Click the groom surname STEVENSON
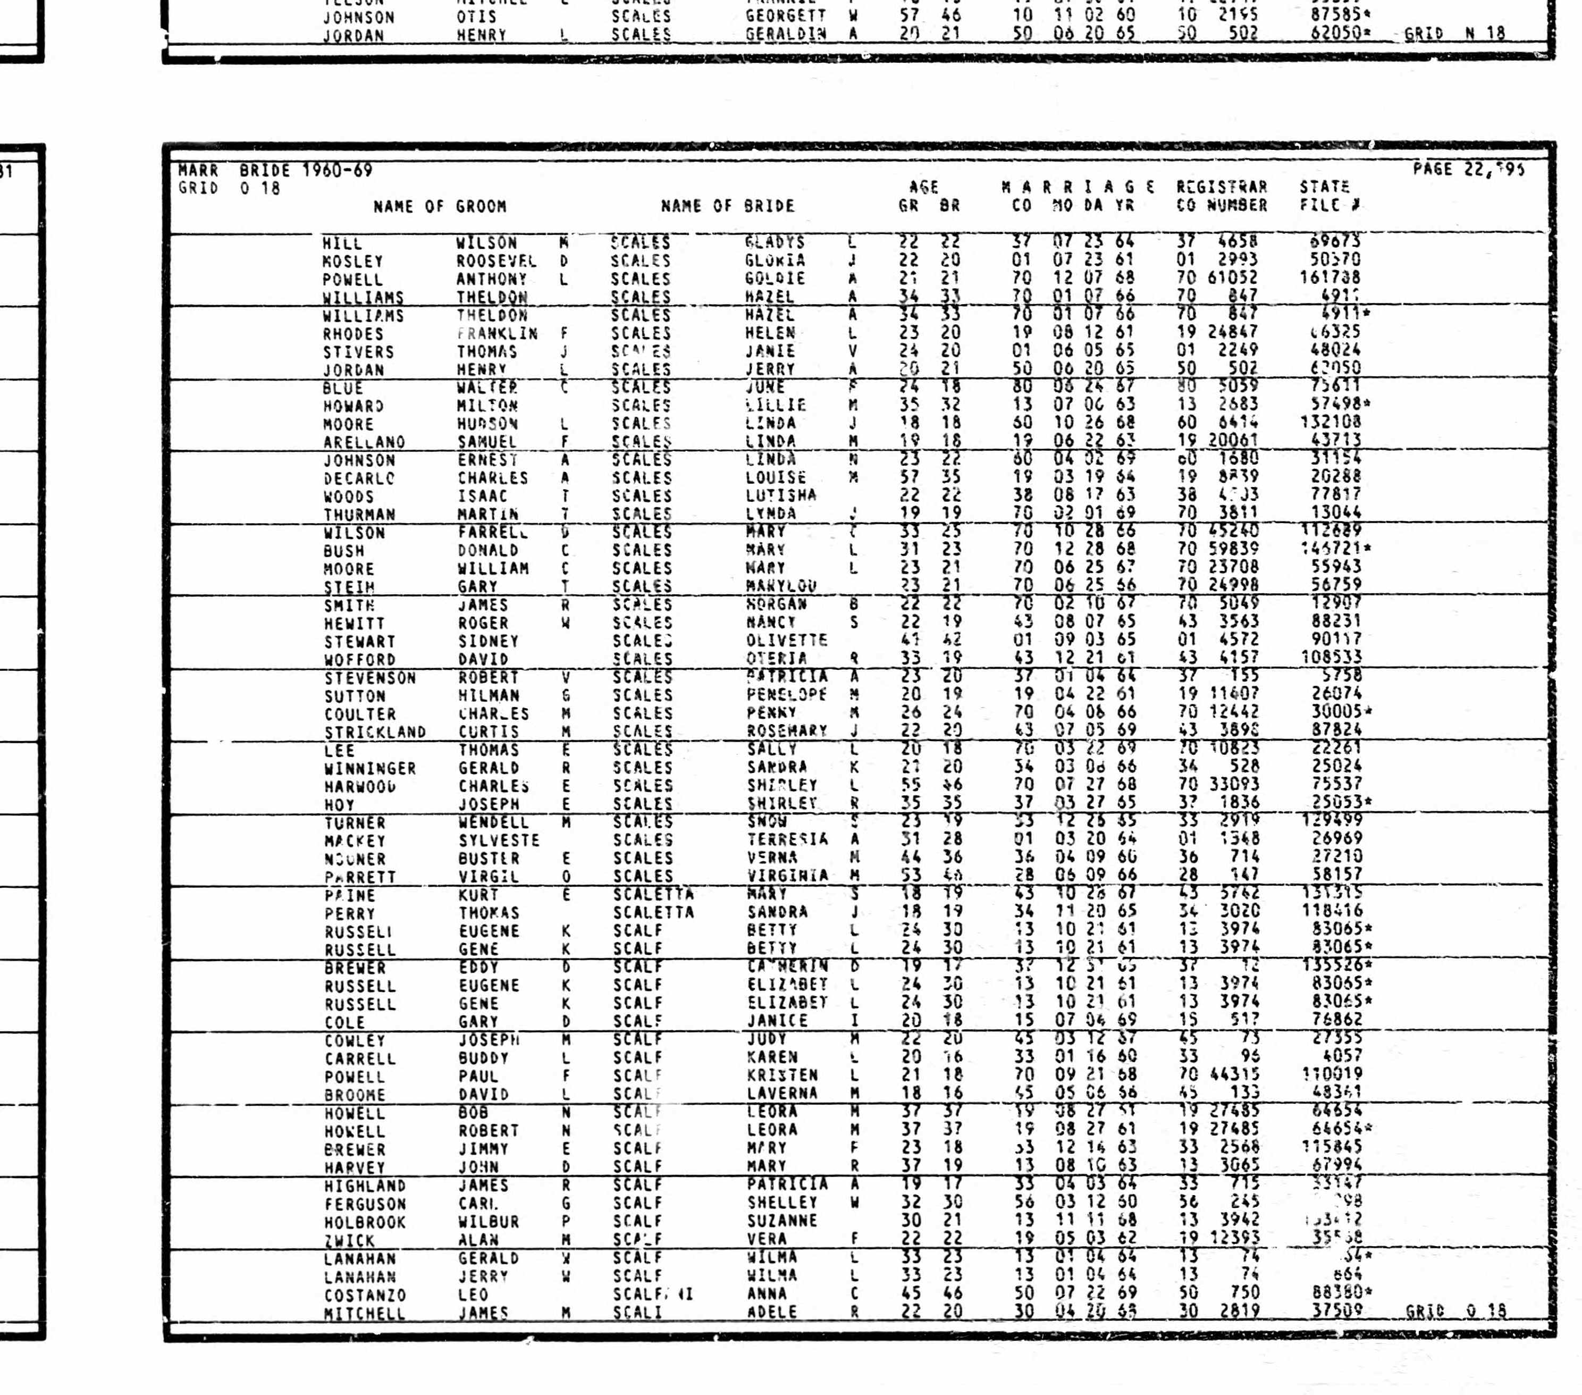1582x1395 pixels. click(370, 678)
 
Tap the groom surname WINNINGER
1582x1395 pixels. click(370, 769)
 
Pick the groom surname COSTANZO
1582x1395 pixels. click(365, 1295)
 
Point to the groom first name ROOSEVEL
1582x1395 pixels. click(496, 261)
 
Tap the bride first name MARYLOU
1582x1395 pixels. click(781, 586)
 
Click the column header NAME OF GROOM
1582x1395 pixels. click(440, 207)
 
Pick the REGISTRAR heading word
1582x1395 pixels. click(1222, 187)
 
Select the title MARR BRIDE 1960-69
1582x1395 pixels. click(275, 170)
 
